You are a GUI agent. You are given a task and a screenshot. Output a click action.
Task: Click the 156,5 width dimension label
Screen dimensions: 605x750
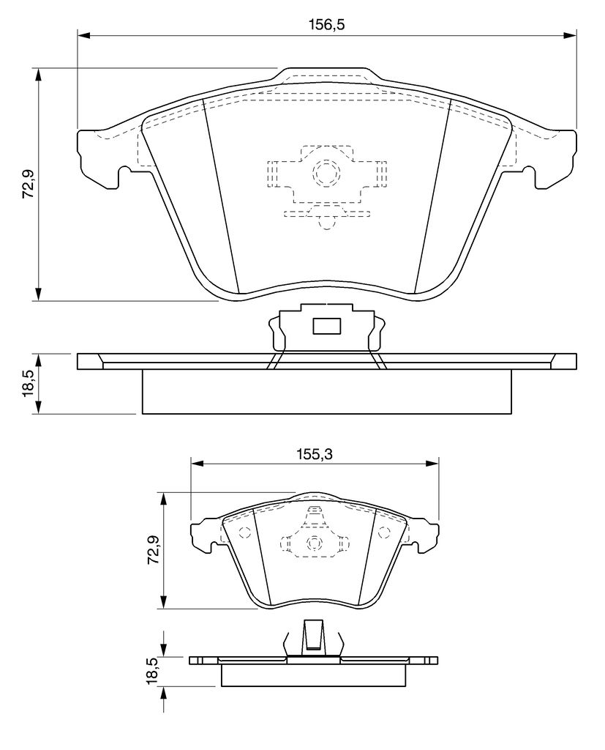327,24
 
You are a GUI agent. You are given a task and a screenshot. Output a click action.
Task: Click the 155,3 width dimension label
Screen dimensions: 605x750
314,453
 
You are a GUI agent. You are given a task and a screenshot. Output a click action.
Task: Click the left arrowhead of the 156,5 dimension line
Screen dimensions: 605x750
83,35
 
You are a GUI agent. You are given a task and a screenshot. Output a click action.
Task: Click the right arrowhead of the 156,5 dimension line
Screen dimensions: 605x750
570,35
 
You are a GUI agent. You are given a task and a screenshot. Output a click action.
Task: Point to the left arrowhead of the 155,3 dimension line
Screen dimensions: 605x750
198,463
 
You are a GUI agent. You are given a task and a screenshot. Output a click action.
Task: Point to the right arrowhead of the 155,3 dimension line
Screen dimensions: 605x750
432,463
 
